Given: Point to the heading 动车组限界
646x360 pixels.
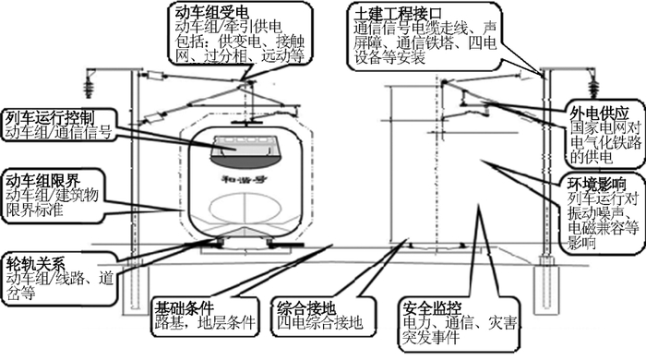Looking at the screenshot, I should click(39, 178).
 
